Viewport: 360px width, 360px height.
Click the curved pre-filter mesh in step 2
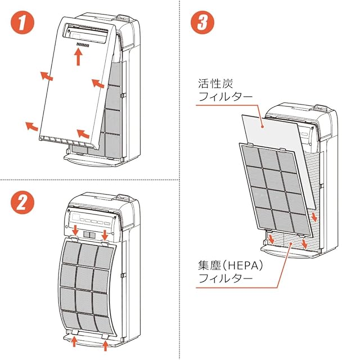88,284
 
